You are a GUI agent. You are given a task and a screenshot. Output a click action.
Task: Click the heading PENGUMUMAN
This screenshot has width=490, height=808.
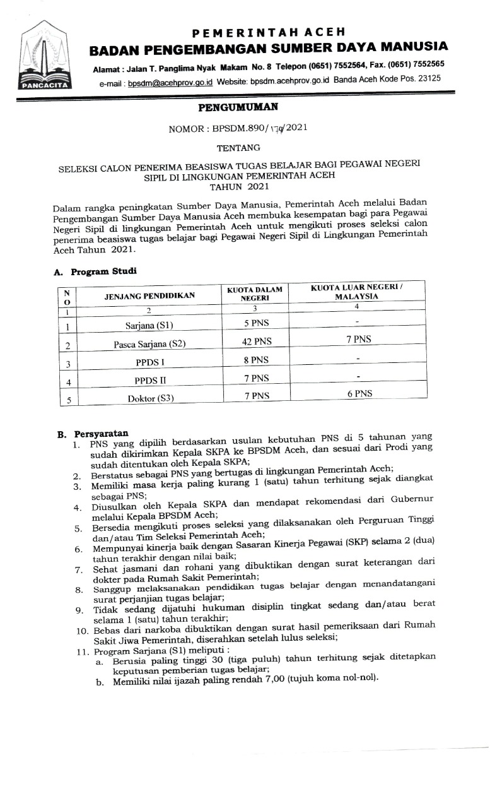tap(238, 108)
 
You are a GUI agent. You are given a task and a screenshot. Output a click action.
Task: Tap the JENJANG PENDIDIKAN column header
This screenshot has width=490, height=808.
tap(149, 295)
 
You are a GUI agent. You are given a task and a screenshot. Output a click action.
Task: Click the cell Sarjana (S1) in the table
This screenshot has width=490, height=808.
tap(149, 326)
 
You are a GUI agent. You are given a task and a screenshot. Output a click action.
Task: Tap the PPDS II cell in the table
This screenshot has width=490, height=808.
tap(149, 379)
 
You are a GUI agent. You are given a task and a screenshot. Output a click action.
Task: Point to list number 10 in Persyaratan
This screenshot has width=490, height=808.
tap(83, 631)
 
